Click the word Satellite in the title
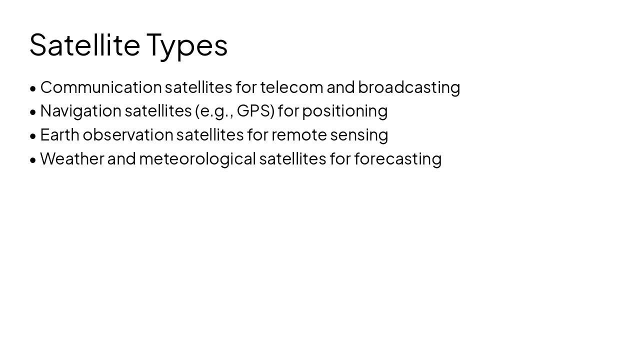pos(84,45)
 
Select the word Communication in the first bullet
pos(101,87)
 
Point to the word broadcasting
pos(409,87)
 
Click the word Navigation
pos(80,111)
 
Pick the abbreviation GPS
pos(255,111)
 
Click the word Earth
pos(59,135)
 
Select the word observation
pos(128,135)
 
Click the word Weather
pos(72,159)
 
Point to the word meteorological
pos(197,159)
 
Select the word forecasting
pos(398,159)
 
